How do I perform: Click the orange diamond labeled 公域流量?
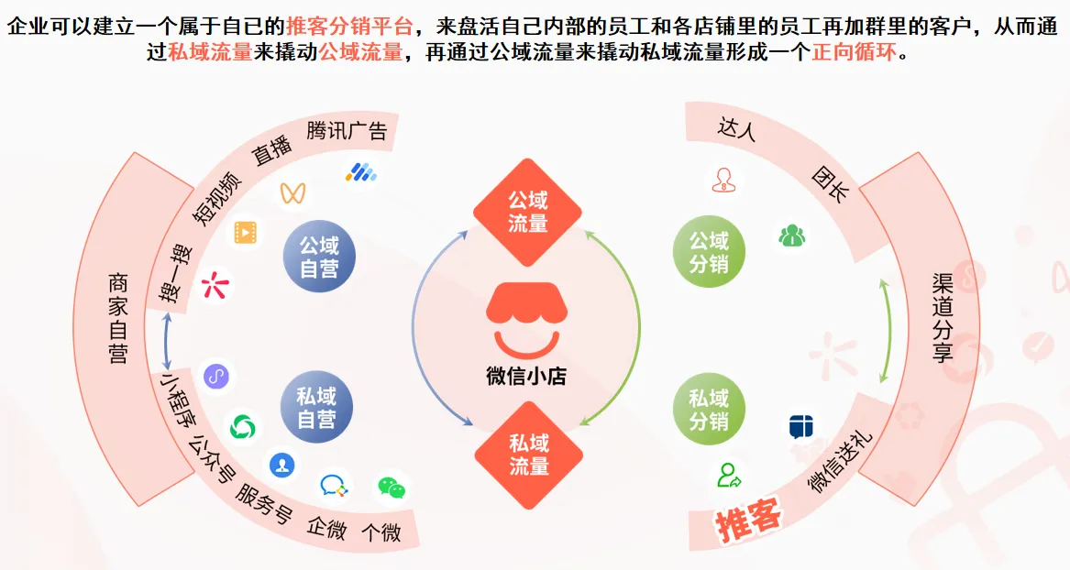click(x=527, y=212)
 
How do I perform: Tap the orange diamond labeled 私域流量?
click(x=527, y=455)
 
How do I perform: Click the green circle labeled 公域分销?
click(x=709, y=253)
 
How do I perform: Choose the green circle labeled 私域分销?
click(x=709, y=409)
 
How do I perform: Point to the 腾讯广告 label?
click(x=347, y=130)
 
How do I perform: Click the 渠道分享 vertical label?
click(x=942, y=317)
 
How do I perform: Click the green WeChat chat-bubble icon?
click(x=392, y=488)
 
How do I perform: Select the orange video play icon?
click(x=245, y=233)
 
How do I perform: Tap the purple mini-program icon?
click(x=215, y=376)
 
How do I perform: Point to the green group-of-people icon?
click(x=791, y=236)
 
